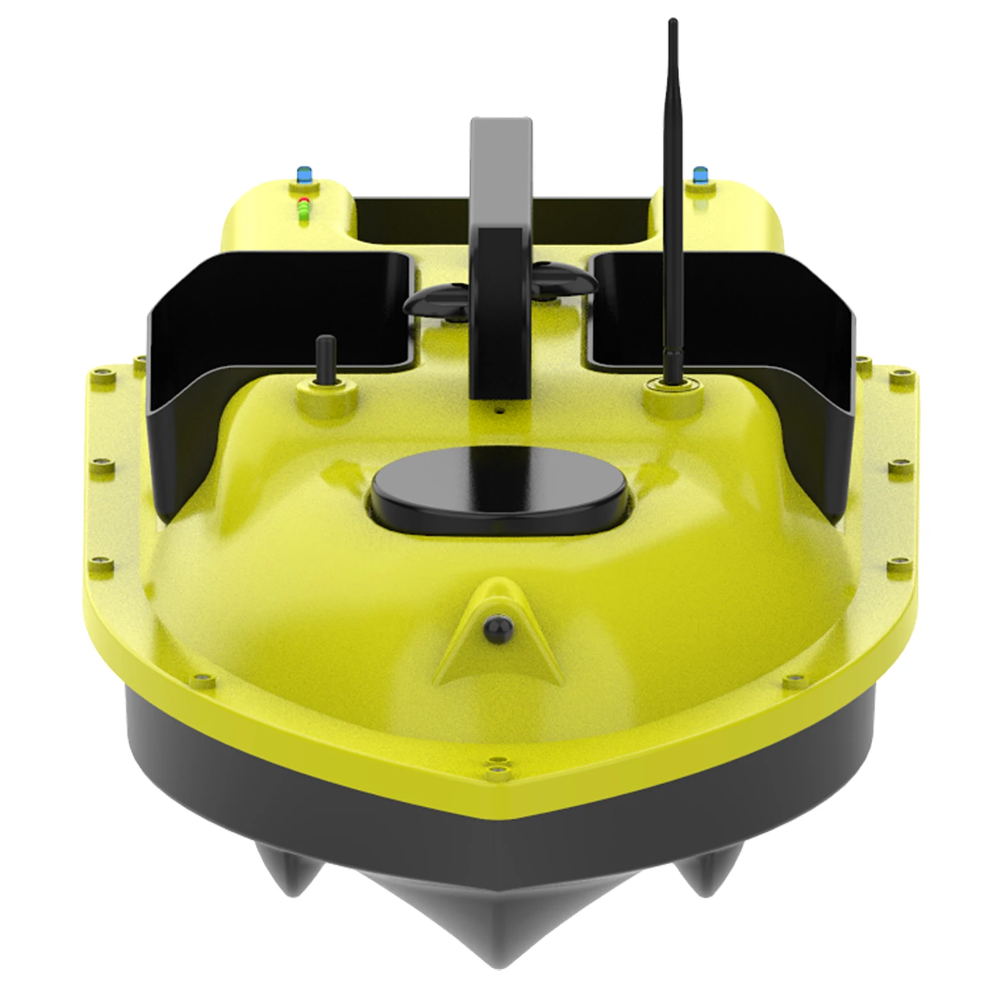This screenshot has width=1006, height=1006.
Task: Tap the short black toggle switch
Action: pos(325,359)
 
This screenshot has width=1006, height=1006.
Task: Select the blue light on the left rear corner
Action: pos(305,172)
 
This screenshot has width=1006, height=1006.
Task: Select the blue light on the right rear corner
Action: pos(699,172)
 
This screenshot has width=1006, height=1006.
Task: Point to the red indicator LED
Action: pos(305,202)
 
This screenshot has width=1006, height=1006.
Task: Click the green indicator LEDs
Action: pos(305,214)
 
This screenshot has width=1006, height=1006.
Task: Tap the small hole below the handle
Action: pos(500,412)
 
